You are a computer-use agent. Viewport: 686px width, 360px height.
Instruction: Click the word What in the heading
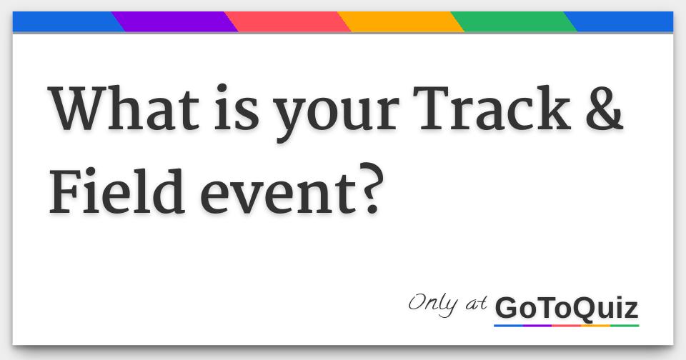click(124, 108)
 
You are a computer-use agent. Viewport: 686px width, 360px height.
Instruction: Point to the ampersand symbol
click(605, 108)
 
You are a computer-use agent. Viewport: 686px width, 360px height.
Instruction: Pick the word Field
click(116, 191)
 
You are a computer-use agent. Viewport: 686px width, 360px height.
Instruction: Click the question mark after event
click(372, 189)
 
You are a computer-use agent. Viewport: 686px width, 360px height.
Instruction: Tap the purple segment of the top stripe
click(174, 22)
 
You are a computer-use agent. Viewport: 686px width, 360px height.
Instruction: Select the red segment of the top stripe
click(287, 22)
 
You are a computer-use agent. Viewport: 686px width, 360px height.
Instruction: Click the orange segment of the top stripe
click(400, 22)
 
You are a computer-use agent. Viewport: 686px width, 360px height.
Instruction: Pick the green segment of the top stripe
click(514, 22)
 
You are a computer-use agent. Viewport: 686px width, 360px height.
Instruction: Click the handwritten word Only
click(433, 304)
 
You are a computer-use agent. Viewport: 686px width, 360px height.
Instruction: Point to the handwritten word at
click(476, 304)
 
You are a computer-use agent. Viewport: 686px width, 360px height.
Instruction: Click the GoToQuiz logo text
click(567, 309)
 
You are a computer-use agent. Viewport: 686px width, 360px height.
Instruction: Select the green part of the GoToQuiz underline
click(625, 326)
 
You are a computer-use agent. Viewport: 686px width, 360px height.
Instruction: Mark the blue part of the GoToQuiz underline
click(508, 326)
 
